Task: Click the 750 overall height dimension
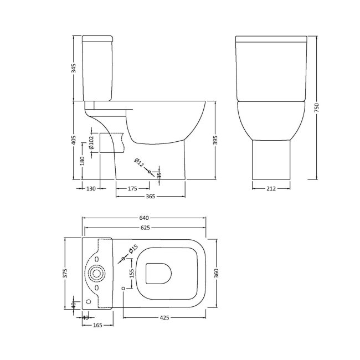pyautogui.click(x=317, y=109)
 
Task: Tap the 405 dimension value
pyautogui.click(x=74, y=141)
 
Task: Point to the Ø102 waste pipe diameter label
pyautogui.click(x=91, y=144)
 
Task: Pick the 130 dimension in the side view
pyautogui.click(x=91, y=189)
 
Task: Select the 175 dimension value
pyautogui.click(x=132, y=189)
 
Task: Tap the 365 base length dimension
pyautogui.click(x=150, y=197)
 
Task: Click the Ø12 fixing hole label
pyautogui.click(x=140, y=163)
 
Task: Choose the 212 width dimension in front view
pyautogui.click(x=271, y=189)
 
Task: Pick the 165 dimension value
pyautogui.click(x=97, y=325)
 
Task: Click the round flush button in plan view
pyautogui.click(x=97, y=273)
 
